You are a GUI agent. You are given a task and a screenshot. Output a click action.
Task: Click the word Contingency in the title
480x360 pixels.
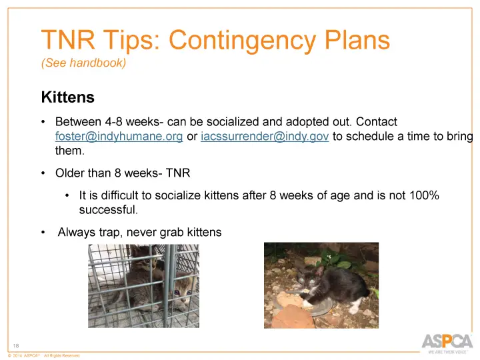tap(245, 41)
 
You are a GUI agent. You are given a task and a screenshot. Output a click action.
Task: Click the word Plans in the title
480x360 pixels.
tap(357, 41)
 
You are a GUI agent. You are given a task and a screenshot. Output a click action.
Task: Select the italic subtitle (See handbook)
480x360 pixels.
tap(83, 63)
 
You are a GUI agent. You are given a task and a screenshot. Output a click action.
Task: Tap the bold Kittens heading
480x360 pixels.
tap(67, 98)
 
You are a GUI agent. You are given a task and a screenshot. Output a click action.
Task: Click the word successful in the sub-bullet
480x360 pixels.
tap(107, 209)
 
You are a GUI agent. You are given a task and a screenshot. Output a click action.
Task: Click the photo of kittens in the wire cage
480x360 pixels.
tap(143, 285)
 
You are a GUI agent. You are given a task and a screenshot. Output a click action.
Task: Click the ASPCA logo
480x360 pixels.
tap(447, 341)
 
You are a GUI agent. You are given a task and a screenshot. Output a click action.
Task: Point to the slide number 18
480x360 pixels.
tap(17, 345)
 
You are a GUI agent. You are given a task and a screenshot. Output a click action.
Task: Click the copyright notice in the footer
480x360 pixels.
tap(43, 356)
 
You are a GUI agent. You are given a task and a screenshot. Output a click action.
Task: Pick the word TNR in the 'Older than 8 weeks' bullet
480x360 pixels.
tap(178, 173)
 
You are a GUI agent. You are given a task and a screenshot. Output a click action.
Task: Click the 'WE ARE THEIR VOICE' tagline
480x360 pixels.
tap(447, 352)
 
